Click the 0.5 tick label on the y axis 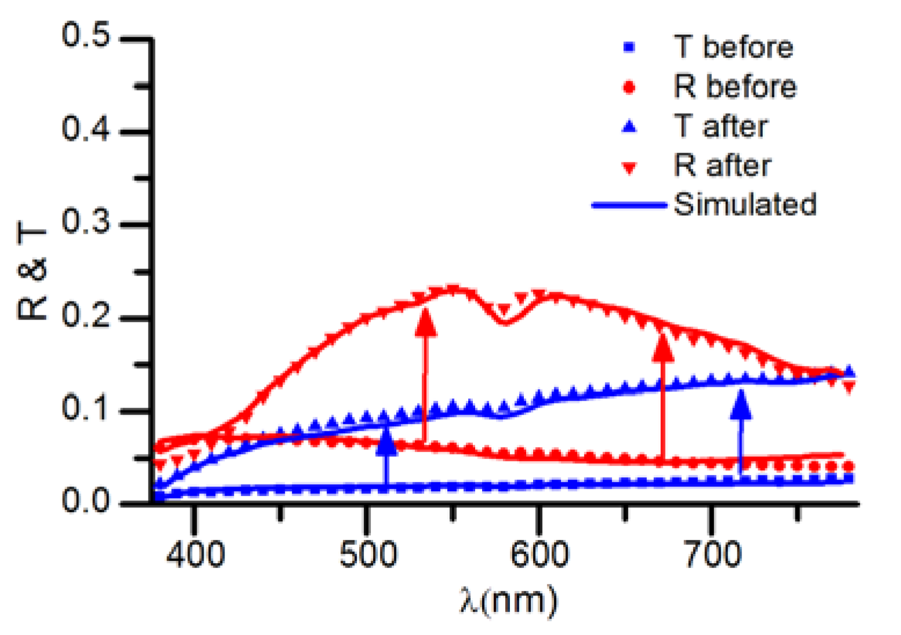click(x=85, y=36)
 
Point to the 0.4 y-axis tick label click(x=85, y=129)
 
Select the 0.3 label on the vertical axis click(x=85, y=223)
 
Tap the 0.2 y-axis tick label click(x=85, y=317)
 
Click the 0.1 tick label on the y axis click(x=85, y=409)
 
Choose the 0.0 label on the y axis click(x=85, y=500)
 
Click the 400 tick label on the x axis click(x=195, y=554)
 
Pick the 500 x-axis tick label click(x=368, y=554)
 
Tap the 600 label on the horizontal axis click(x=540, y=554)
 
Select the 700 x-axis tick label click(x=712, y=554)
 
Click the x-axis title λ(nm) click(x=508, y=600)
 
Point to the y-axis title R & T click(x=32, y=273)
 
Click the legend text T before click(x=733, y=48)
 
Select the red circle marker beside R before click(x=629, y=88)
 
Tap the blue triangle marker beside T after click(x=629, y=126)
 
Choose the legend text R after click(x=722, y=166)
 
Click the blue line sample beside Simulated click(x=629, y=205)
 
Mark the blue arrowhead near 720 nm click(x=740, y=405)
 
